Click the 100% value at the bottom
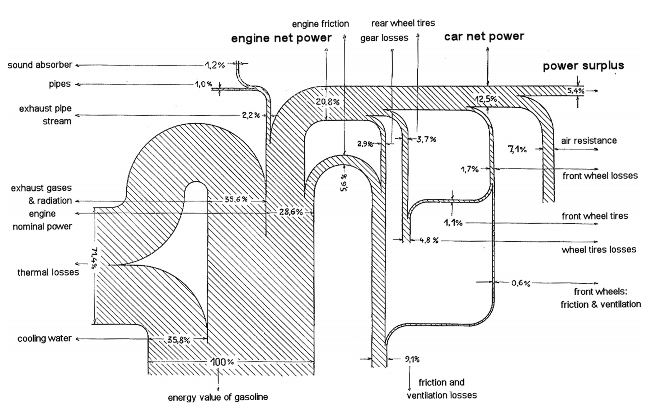click(222, 362)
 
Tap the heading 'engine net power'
click(281, 38)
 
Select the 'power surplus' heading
click(583, 66)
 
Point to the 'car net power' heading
click(484, 36)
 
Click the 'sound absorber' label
click(40, 65)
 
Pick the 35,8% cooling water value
click(178, 340)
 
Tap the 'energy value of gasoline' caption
click(218, 397)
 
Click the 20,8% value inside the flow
click(328, 102)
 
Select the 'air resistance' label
click(589, 141)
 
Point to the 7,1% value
click(517, 149)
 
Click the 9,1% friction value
click(412, 360)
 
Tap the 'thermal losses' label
click(48, 272)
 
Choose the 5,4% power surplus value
click(576, 91)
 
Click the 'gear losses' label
click(384, 38)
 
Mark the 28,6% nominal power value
click(291, 212)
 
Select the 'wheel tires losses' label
click(599, 250)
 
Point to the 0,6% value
click(521, 283)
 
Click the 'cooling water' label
click(45, 338)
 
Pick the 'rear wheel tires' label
click(403, 23)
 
